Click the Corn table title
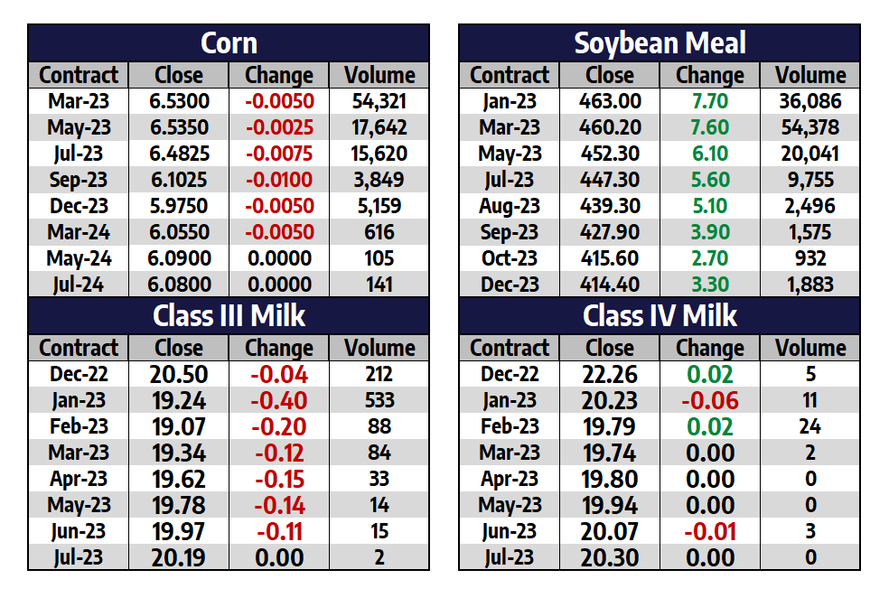pos(229,42)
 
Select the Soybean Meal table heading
pos(660,42)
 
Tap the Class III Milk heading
pos(229,315)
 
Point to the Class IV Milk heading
pos(660,315)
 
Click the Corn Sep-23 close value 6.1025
pos(179,180)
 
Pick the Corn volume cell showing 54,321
pos(379,101)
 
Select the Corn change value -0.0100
pos(279,180)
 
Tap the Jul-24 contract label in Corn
pos(79,285)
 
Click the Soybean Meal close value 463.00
pos(610,101)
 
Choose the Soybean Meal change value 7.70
pos(710,101)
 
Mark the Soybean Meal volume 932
pos(810,258)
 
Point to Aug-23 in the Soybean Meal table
pos(510,206)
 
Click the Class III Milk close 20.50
pos(179,374)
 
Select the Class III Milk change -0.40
pos(279,400)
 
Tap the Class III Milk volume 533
pos(379,400)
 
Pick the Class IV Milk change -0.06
pos(710,400)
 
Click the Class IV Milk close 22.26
pos(610,374)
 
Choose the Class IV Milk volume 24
pos(810,426)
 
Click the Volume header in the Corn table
pos(379,75)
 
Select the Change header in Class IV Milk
pos(710,348)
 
